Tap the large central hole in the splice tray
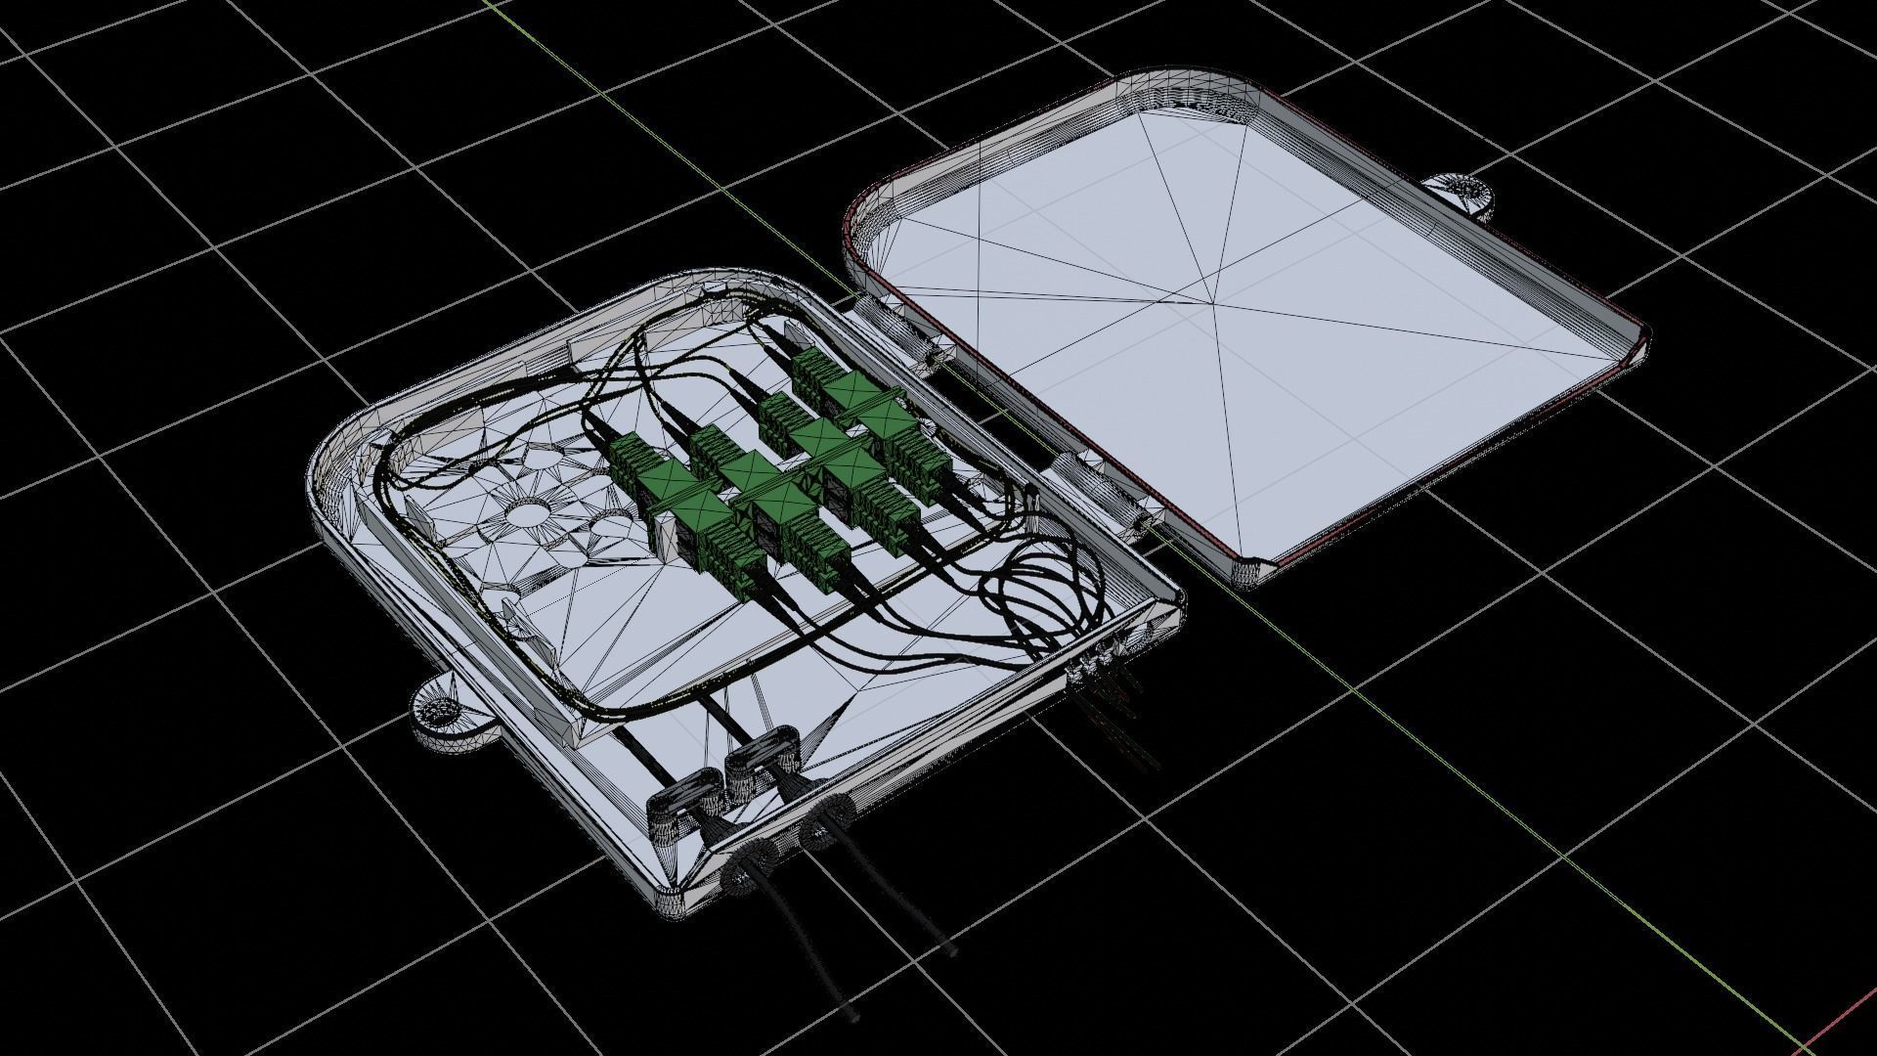click(x=529, y=512)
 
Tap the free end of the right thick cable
click(x=951, y=948)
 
